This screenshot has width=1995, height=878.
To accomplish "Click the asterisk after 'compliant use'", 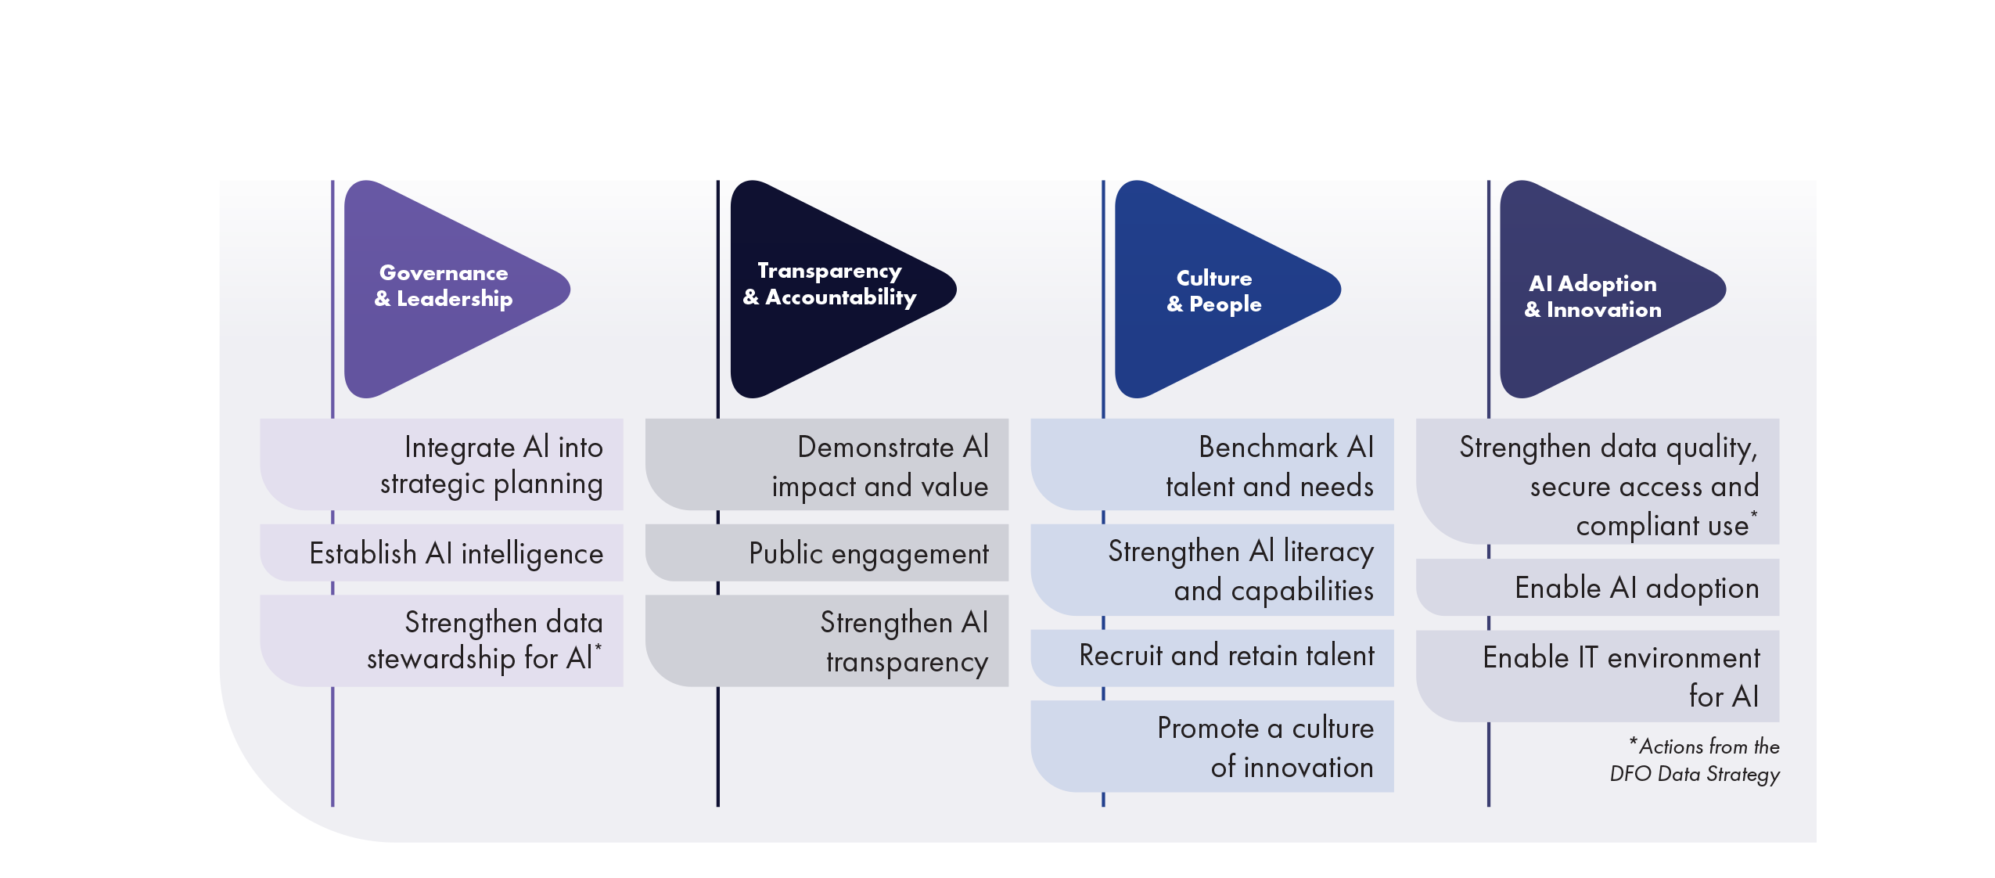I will click(x=1754, y=513).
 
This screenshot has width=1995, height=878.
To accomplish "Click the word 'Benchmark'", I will click(x=1267, y=447).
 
